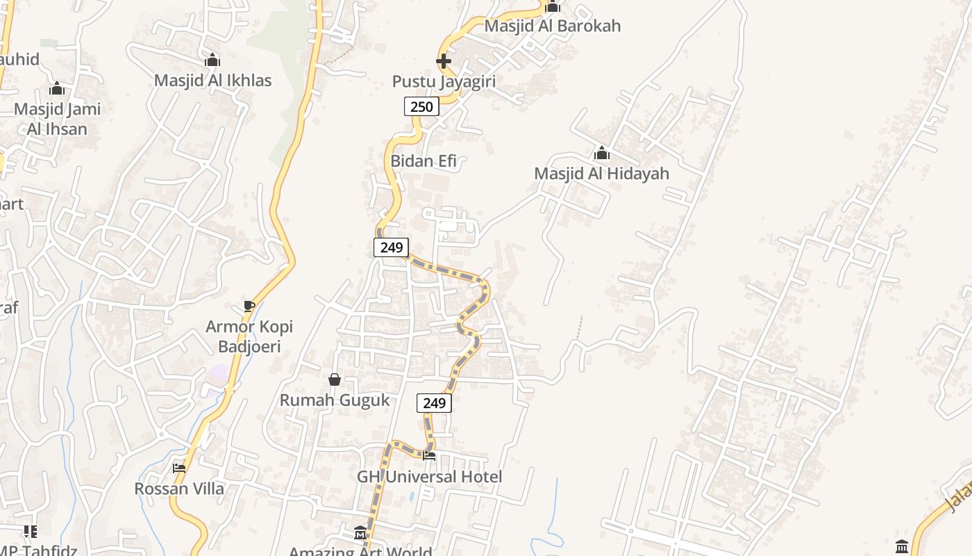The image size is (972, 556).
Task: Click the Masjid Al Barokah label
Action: coord(552,26)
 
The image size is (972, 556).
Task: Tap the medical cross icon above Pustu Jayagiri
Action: coord(444,61)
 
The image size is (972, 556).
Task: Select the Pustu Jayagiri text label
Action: coord(444,81)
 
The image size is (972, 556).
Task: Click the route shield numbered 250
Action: coord(421,106)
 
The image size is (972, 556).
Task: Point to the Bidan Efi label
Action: coord(424,161)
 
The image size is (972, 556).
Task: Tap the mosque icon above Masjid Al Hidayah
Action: coord(602,153)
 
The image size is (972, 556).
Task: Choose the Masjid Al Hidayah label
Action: coord(601,173)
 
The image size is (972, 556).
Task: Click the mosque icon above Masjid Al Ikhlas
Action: coord(212,60)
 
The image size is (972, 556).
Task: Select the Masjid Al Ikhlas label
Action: coord(212,80)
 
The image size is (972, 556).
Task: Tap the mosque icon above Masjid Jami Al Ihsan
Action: coord(57,88)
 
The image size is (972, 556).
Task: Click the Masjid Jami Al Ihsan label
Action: coord(57,119)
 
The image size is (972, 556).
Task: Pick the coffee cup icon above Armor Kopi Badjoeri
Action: coord(249,306)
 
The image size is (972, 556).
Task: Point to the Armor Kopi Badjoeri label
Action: coord(249,336)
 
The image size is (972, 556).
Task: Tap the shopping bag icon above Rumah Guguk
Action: coord(335,379)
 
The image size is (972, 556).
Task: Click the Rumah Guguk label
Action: coord(335,400)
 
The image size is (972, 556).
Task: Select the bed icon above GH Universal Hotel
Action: coord(429,456)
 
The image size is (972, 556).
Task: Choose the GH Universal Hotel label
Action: coord(429,477)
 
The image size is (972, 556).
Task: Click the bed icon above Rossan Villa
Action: coord(179,468)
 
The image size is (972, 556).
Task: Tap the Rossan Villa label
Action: coord(179,489)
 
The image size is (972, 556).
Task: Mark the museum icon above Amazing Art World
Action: coord(360,533)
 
